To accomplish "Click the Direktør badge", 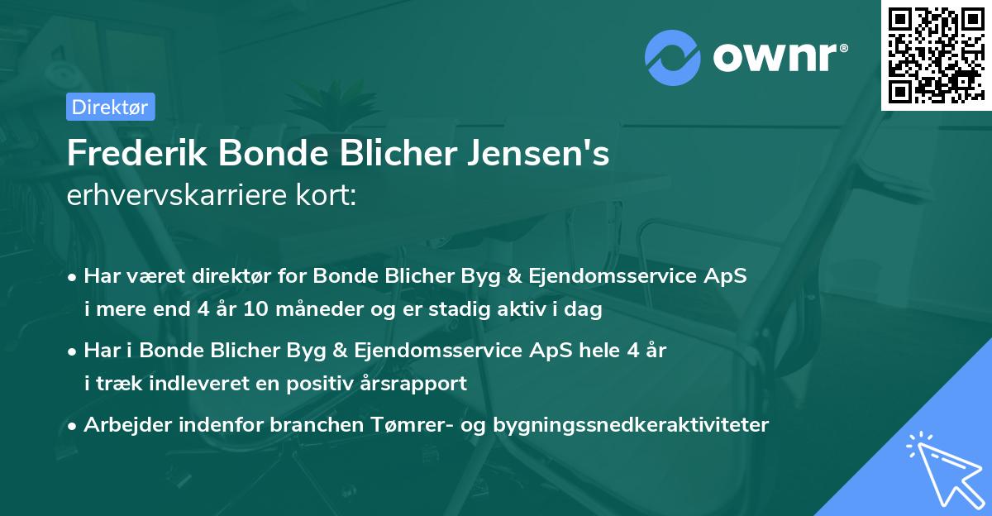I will click(x=109, y=107).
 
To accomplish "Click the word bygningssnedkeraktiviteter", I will click(x=631, y=425).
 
